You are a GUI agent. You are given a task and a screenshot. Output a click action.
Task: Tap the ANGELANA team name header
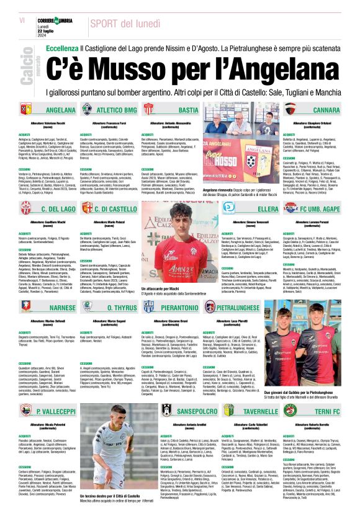tap(60, 110)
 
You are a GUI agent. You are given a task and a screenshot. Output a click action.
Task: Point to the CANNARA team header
tap(326, 110)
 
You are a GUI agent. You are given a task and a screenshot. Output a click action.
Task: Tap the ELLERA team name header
tap(251, 210)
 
